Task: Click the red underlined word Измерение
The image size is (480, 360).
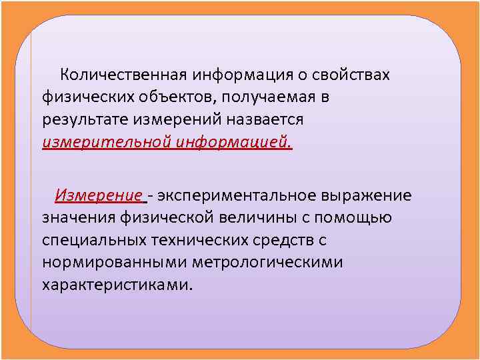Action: tap(99, 195)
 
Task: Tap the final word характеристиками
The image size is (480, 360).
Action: tap(116, 285)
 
